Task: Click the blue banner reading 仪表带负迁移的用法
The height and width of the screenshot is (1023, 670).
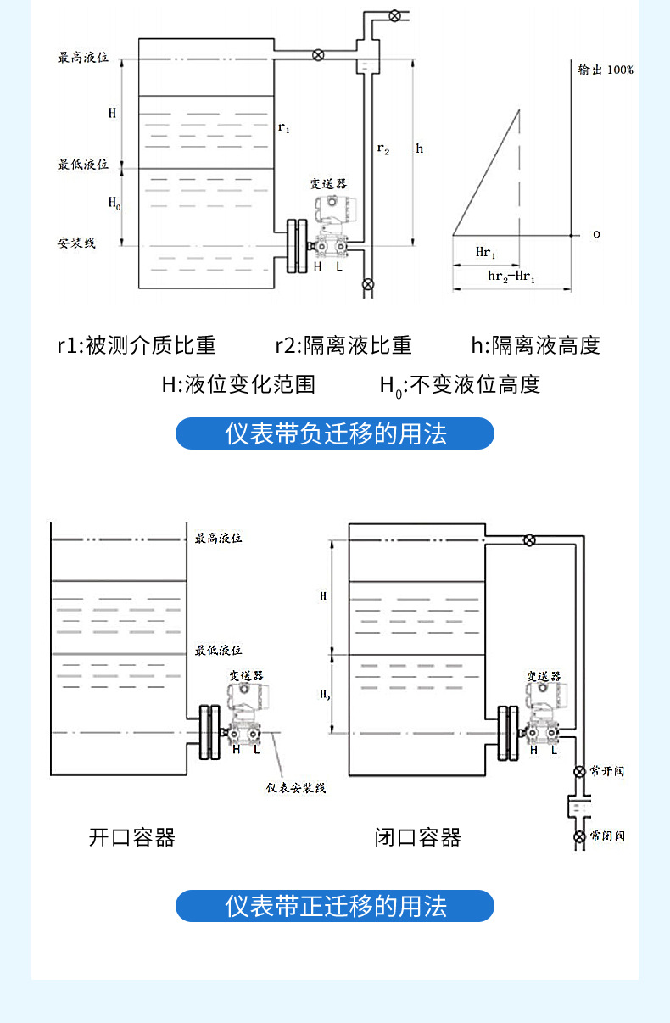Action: point(334,433)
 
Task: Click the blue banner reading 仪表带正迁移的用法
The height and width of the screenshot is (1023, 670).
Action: point(334,906)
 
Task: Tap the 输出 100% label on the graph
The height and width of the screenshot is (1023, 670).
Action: point(605,70)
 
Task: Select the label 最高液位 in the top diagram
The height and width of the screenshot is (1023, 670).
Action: point(83,59)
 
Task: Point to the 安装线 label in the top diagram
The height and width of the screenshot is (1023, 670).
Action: point(76,243)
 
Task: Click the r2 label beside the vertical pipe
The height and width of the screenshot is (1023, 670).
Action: point(383,149)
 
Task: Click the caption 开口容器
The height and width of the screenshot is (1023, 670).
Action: point(132,838)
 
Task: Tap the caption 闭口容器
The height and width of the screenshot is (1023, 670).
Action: point(418,838)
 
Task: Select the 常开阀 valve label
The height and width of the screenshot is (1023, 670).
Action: point(607,771)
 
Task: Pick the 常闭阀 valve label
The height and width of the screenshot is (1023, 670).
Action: point(607,836)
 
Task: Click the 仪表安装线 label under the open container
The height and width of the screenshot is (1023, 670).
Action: point(296,788)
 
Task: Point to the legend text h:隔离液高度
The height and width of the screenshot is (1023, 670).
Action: point(535,345)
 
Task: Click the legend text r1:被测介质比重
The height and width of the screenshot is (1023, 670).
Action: point(137,345)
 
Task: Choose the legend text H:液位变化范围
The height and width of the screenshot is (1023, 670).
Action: point(238,384)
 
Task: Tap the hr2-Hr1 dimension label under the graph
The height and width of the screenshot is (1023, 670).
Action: point(511,277)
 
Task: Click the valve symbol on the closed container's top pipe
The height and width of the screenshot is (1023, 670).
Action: point(529,539)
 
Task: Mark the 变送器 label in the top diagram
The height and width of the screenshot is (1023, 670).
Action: point(327,183)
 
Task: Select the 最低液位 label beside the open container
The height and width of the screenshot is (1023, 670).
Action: point(219,650)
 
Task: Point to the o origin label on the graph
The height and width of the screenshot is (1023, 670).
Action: point(595,234)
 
